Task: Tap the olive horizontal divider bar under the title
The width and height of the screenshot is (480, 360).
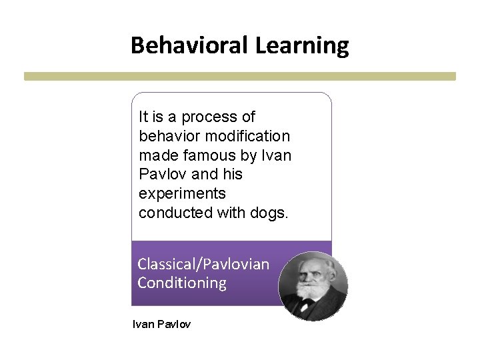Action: point(240,77)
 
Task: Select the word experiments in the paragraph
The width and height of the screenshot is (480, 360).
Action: point(182,194)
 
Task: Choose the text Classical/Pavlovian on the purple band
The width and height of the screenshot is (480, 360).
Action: point(203,264)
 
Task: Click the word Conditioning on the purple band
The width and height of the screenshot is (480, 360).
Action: point(182,283)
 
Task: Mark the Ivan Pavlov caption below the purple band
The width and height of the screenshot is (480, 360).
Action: point(161,325)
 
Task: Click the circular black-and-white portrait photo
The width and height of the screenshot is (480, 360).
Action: point(313,286)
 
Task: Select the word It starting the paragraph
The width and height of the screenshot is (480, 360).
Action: point(143,117)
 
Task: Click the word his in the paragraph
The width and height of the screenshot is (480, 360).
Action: point(233,175)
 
